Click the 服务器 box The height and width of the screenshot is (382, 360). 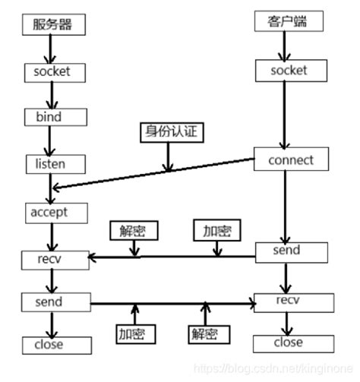click(51, 24)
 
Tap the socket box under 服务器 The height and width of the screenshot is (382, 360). click(52, 72)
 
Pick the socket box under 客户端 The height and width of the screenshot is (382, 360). click(289, 71)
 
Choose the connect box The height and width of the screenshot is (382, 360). click(290, 160)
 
